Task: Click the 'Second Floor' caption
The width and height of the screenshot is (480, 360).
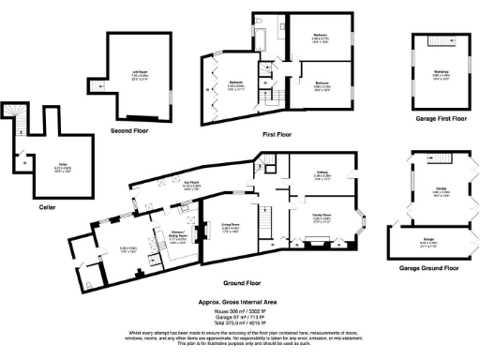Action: (x=131, y=131)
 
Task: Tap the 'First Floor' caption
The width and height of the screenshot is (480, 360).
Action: (x=278, y=134)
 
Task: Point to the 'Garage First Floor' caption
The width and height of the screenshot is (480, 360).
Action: (x=440, y=118)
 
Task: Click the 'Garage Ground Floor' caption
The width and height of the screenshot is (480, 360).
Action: (x=438, y=268)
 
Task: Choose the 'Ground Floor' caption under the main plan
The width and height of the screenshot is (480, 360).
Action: (x=242, y=282)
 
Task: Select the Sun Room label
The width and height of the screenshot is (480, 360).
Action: (x=216, y=186)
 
